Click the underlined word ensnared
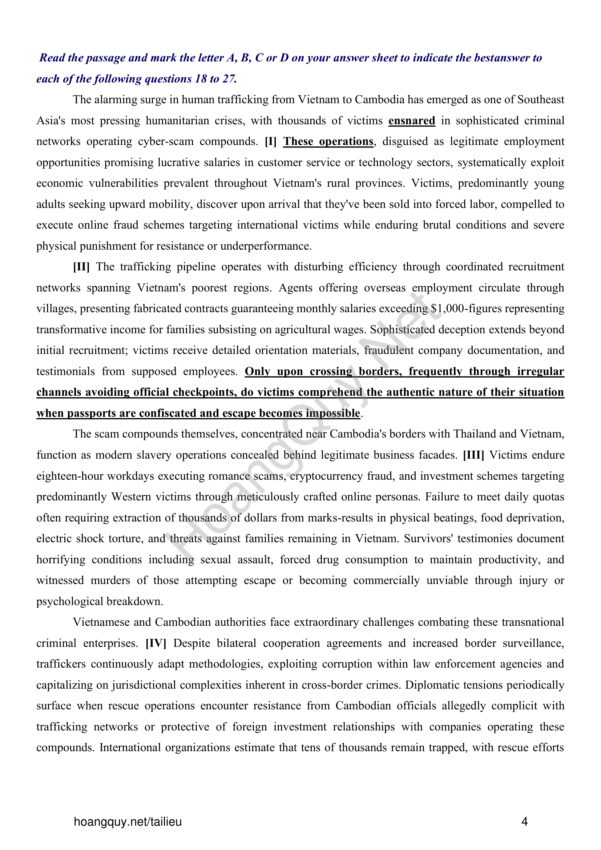tap(412, 121)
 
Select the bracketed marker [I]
tap(271, 141)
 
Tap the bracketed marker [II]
tap(81, 267)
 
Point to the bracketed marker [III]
tap(473, 455)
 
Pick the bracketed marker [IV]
tap(156, 643)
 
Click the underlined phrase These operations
tap(328, 141)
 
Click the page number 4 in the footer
tap(524, 822)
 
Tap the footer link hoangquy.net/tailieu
tap(128, 822)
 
